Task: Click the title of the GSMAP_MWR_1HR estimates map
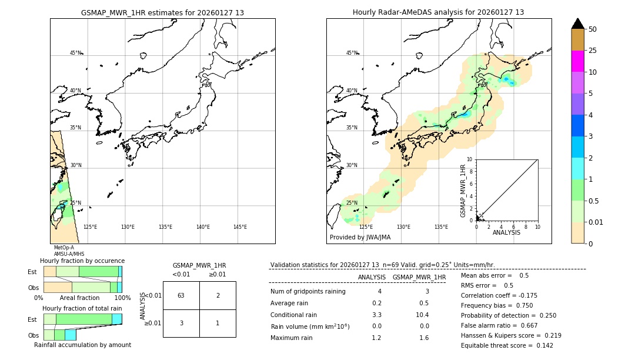(162, 12)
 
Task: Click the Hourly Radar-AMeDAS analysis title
(438, 12)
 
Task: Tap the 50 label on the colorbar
(593, 29)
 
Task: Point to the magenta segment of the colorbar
(577, 61)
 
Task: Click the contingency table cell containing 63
(181, 295)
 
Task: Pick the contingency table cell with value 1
(218, 323)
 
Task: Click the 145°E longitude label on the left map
(240, 227)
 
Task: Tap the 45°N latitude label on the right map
(351, 53)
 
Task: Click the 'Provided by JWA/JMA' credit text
(360, 238)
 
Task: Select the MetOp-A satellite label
(63, 248)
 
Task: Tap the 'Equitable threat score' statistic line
(507, 345)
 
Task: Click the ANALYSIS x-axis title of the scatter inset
(506, 232)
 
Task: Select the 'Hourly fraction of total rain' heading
(82, 308)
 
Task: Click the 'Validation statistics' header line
(383, 265)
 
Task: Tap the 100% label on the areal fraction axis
(122, 298)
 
